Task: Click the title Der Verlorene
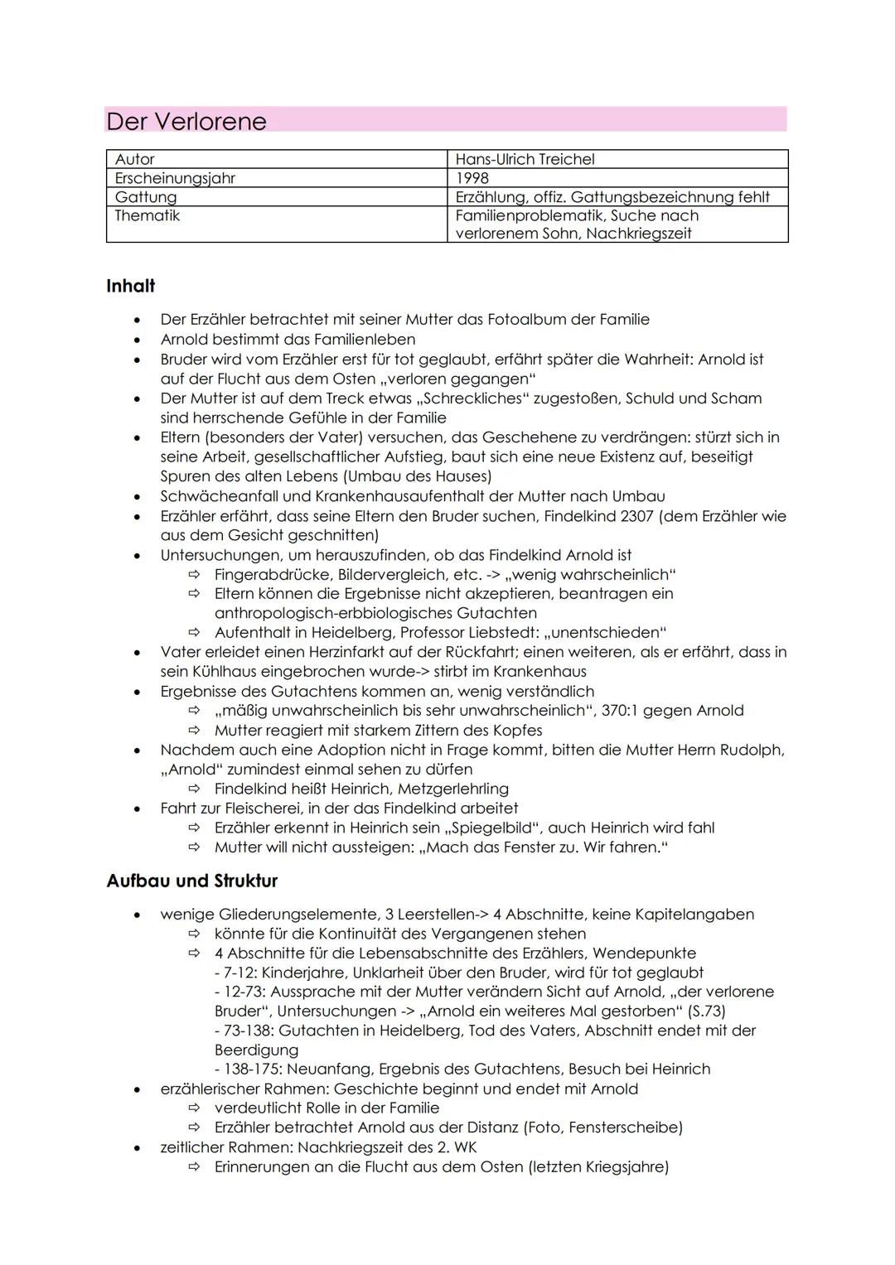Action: (186, 122)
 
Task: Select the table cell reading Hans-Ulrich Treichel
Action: (525, 159)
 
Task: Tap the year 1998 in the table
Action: (472, 178)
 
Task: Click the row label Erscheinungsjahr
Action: (175, 178)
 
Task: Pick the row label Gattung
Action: (146, 197)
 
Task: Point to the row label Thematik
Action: (147, 215)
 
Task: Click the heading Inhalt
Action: (130, 286)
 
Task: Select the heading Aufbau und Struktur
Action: (191, 881)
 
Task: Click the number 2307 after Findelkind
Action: (637, 516)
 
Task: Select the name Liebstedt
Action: (497, 633)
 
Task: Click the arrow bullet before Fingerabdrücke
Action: (194, 575)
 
